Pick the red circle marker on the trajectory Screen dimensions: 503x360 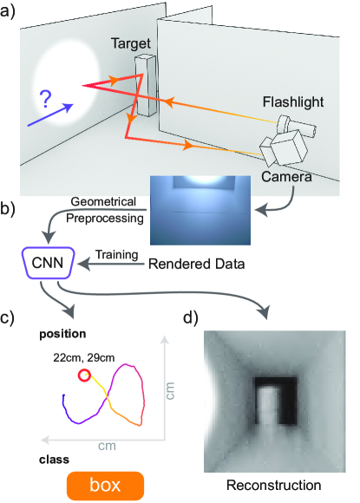(84, 376)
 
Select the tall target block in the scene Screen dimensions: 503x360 (146, 85)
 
